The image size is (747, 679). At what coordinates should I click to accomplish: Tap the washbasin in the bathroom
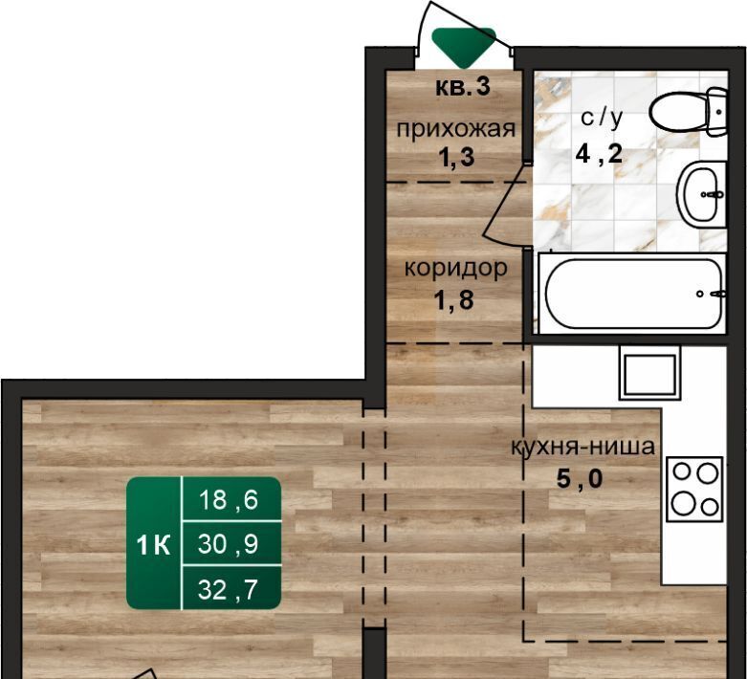(702, 194)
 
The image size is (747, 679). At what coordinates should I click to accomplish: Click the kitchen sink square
(649, 373)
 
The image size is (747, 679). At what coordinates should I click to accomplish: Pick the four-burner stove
(694, 489)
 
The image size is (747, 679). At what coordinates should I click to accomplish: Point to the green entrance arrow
(464, 47)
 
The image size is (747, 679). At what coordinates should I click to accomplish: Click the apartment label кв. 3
(463, 87)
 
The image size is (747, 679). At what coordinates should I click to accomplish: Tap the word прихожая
(456, 129)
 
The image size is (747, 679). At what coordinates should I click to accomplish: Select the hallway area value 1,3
(456, 157)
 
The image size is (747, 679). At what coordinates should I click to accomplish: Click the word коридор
(456, 269)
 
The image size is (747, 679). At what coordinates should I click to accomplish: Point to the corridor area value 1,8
(453, 300)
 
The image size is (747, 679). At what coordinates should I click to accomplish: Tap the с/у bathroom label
(602, 119)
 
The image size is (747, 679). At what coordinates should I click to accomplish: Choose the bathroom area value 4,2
(599, 154)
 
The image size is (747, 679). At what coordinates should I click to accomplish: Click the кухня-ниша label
(582, 447)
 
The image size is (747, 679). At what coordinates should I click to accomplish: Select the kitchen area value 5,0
(580, 478)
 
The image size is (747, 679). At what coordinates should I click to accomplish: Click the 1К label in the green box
(153, 544)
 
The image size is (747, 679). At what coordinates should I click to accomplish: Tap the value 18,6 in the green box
(229, 500)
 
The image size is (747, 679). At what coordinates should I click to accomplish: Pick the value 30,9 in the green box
(229, 543)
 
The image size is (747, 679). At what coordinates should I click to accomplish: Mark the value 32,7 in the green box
(228, 589)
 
